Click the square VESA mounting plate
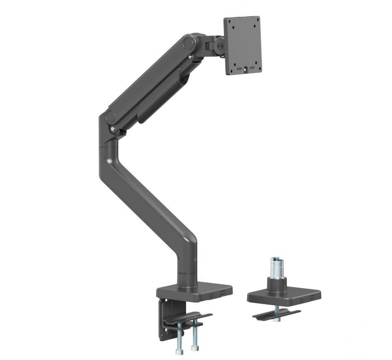pyautogui.click(x=243, y=45)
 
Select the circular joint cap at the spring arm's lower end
pyautogui.click(x=110, y=118)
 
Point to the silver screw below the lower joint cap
pyautogui.click(x=113, y=130)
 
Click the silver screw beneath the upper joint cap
pyautogui.click(x=192, y=56)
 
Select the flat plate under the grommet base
pyautogui.click(x=277, y=315)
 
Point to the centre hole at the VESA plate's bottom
pyautogui.click(x=245, y=69)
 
